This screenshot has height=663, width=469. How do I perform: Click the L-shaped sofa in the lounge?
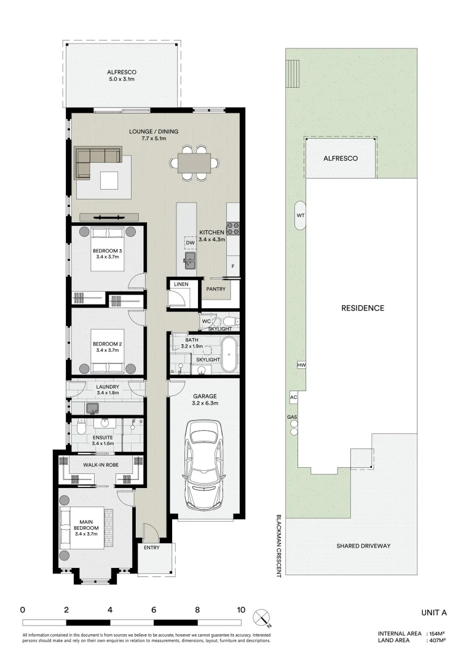click(97, 161)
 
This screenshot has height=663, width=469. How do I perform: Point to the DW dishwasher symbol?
click(190, 243)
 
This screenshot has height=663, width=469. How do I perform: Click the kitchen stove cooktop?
click(233, 228)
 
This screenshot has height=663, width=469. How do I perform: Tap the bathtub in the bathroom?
click(230, 354)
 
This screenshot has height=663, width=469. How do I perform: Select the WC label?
click(207, 321)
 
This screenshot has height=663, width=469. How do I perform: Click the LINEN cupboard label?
click(181, 285)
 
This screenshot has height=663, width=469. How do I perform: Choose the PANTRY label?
click(216, 289)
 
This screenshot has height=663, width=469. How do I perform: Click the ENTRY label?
click(152, 548)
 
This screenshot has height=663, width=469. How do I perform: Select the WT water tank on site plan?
click(301, 215)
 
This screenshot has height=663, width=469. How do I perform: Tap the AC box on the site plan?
click(293, 398)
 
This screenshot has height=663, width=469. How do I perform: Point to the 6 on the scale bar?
click(154, 610)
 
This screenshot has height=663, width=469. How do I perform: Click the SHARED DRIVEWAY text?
click(363, 546)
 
